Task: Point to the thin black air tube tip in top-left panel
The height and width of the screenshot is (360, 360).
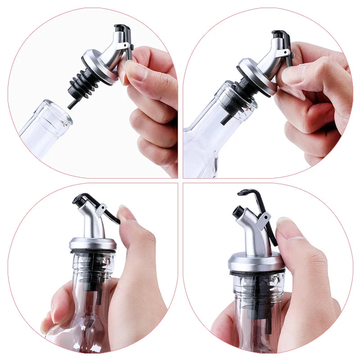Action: point(71,104)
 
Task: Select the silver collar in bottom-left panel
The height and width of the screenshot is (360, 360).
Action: point(93,243)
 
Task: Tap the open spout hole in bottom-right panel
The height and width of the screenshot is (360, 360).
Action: point(238,210)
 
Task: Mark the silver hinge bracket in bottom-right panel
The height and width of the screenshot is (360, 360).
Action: point(263,220)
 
